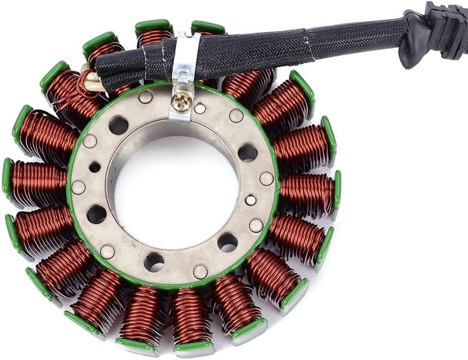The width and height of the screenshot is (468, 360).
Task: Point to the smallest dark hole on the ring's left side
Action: tap(94, 167)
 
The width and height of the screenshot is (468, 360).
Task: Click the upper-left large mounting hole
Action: tap(118, 125)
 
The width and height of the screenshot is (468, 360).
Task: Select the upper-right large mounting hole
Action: tap(247, 152)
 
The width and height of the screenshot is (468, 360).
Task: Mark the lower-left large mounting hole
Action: tap(97, 214)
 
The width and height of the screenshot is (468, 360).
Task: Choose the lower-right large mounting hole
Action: tap(228, 241)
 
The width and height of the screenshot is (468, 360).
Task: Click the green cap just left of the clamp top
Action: tap(153, 27)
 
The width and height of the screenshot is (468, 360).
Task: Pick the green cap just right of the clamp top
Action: tap(208, 27)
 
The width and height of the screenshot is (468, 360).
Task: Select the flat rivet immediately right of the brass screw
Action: tap(199, 108)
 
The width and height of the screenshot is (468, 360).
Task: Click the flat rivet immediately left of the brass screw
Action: tap(145, 97)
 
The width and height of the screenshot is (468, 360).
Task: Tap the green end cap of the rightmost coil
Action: tap(336, 190)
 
